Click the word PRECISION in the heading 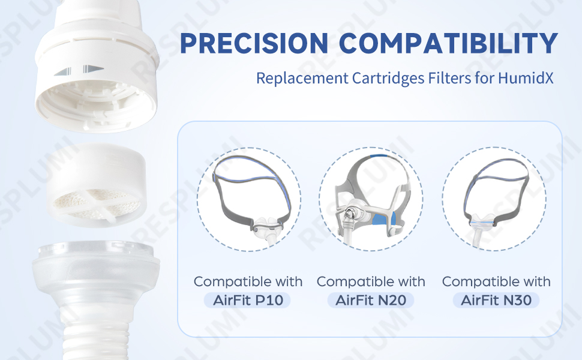(254, 43)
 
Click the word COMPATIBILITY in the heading (448, 43)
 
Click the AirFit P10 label (248, 300)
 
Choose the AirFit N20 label (371, 300)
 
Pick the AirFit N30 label (496, 300)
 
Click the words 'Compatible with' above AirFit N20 (371, 281)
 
